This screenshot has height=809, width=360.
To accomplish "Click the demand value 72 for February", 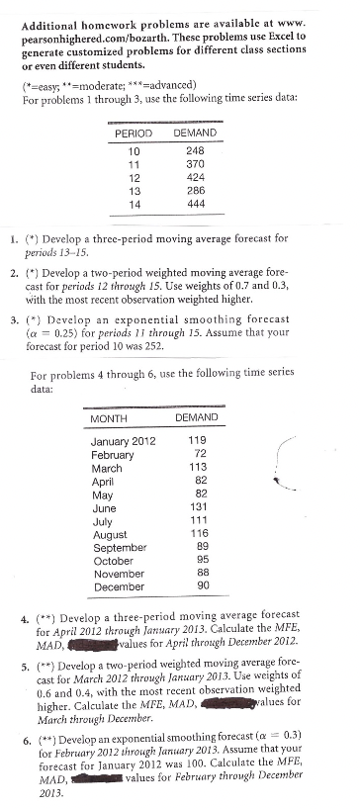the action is [198, 454].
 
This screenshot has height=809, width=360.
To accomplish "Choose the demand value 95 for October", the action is [198, 560].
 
